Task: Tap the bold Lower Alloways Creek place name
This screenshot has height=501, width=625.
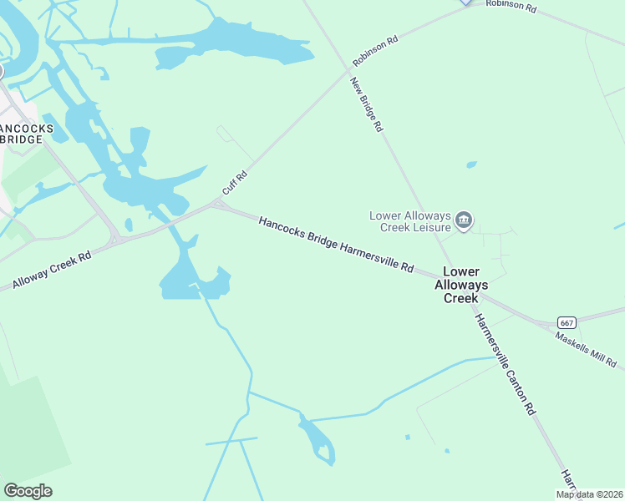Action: [x=460, y=285]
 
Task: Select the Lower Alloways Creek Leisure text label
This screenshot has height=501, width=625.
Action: [x=410, y=221]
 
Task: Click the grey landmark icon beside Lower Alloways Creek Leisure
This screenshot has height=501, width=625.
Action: [x=465, y=221]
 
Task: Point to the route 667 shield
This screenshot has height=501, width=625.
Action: [x=567, y=322]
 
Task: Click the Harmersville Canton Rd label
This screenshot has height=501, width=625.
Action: [x=504, y=364]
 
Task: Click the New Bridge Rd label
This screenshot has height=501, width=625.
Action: [x=366, y=105]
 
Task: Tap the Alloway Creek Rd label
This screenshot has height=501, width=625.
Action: [x=52, y=271]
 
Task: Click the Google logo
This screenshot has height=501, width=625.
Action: [x=28, y=491]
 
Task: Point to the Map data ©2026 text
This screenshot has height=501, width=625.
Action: [x=590, y=494]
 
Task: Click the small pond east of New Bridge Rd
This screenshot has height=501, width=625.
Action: [x=471, y=164]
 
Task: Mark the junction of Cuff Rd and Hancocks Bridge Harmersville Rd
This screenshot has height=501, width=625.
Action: [x=220, y=203]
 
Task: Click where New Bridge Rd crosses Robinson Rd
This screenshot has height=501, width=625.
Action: [x=347, y=72]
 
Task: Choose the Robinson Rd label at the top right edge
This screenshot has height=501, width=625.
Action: [x=511, y=5]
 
